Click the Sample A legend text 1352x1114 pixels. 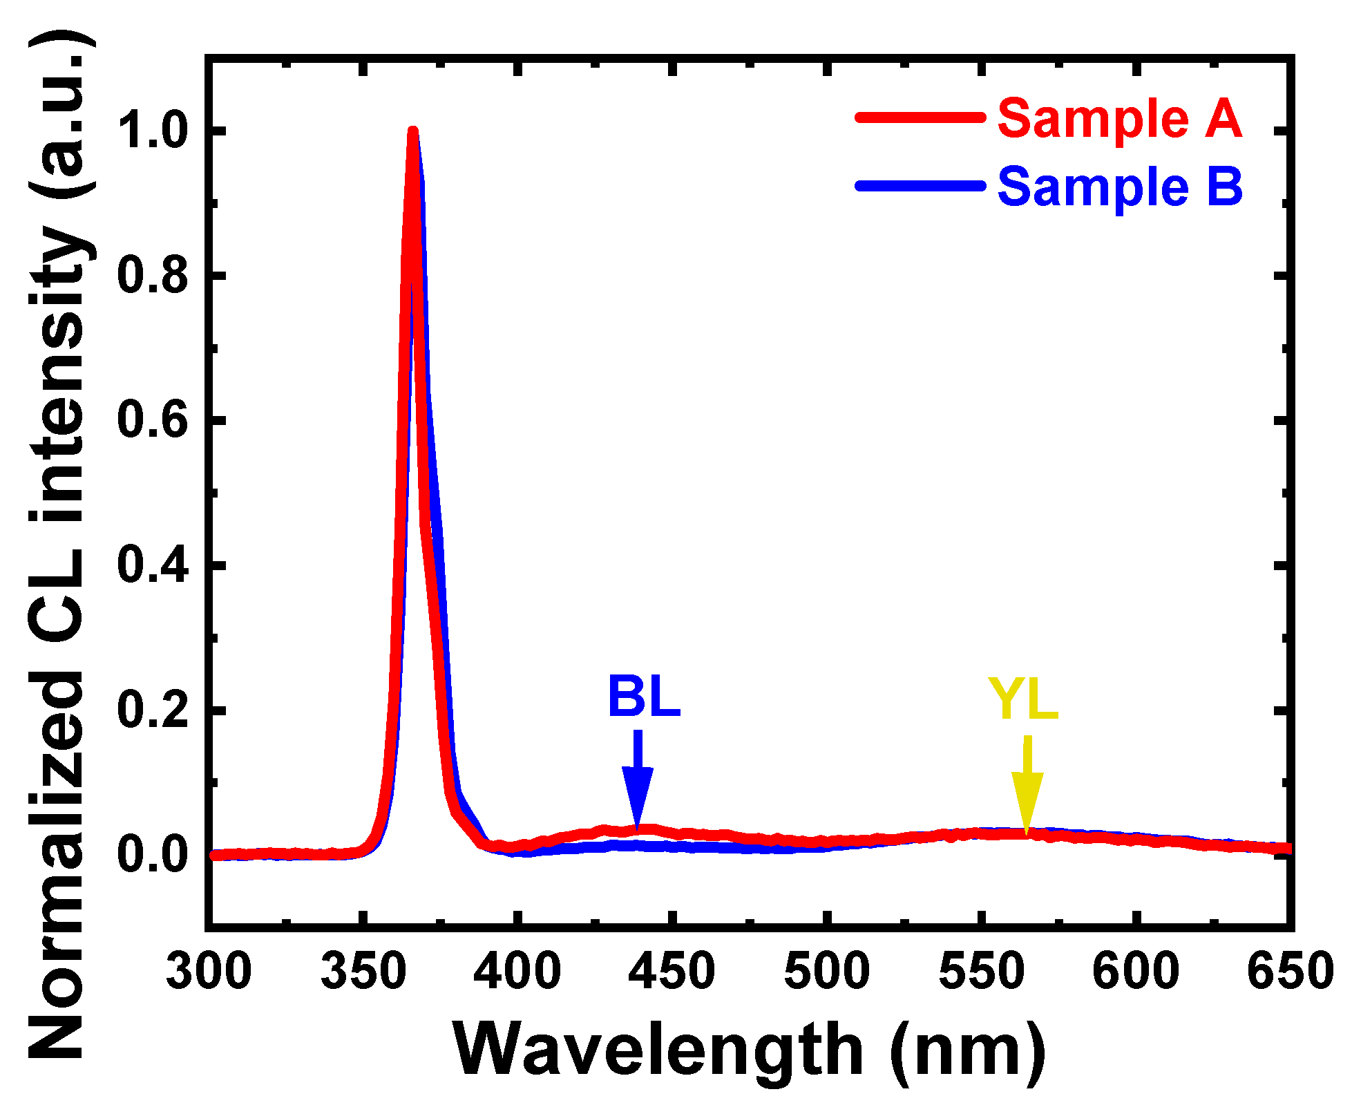[x=1120, y=119]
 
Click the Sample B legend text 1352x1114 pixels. [x=1120, y=187]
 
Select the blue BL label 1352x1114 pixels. [x=644, y=697]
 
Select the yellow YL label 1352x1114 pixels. [x=1023, y=700]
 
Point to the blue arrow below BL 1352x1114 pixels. [x=637, y=777]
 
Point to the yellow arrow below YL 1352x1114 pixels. [x=1027, y=784]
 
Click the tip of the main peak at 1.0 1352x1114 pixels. [x=412, y=132]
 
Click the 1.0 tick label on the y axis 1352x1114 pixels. [x=153, y=131]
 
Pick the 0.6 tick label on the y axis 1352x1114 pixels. [x=153, y=420]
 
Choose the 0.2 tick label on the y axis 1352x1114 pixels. [x=153, y=710]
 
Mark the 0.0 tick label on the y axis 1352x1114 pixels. [x=153, y=855]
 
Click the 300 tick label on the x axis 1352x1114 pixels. [x=209, y=971]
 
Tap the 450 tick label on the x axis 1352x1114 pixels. [x=672, y=971]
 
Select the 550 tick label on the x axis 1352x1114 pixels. [x=980, y=971]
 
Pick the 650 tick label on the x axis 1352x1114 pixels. [x=1289, y=971]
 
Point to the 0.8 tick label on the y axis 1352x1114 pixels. [x=153, y=276]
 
